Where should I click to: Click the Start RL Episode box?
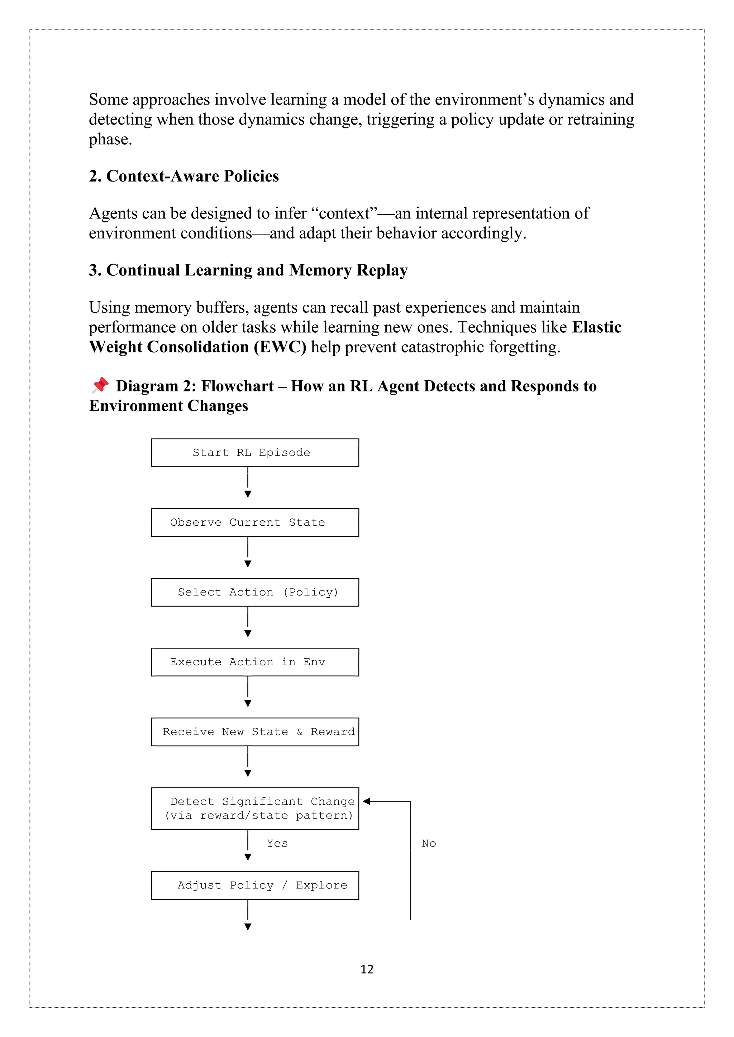pos(255,453)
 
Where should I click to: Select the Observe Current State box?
pos(255,522)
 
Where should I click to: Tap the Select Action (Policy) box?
pos(255,592)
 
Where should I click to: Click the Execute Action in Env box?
pos(255,662)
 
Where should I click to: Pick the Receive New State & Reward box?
pos(255,732)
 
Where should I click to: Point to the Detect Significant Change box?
pos(255,809)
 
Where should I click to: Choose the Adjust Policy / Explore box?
pos(255,885)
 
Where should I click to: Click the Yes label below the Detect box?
pos(277,843)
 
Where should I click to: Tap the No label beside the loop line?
pos(429,843)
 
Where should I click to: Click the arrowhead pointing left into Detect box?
pos(367,801)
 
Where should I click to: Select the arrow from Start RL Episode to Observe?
pos(248,482)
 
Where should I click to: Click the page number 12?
pos(367,969)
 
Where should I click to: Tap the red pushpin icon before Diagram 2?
pos(100,385)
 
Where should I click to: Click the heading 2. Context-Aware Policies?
pos(183,176)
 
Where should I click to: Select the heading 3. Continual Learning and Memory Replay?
pos(248,270)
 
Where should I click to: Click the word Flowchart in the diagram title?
pos(237,386)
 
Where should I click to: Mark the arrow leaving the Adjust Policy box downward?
pos(248,915)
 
